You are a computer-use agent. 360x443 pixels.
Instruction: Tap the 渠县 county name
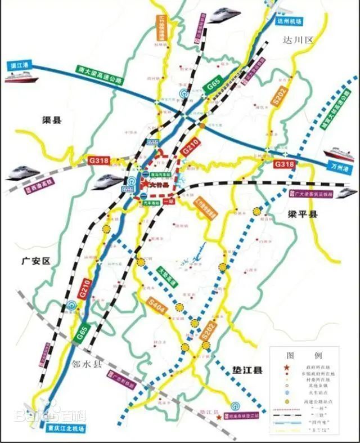click(x=54, y=119)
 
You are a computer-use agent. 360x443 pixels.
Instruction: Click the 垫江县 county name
click(x=248, y=370)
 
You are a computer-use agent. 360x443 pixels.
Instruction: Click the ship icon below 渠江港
click(x=21, y=78)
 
